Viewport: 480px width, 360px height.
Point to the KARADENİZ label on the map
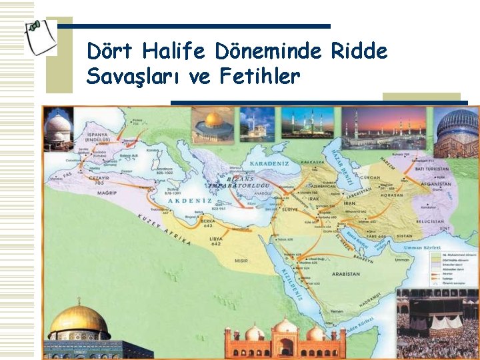tap(268, 162)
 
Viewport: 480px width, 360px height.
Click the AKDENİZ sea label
tap(191, 201)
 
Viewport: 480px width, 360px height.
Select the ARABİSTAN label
tap(345, 274)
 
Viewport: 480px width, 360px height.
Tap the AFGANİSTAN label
tap(435, 185)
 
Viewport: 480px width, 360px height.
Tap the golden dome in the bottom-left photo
tap(79, 320)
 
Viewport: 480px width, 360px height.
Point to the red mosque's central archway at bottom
tap(286, 347)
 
